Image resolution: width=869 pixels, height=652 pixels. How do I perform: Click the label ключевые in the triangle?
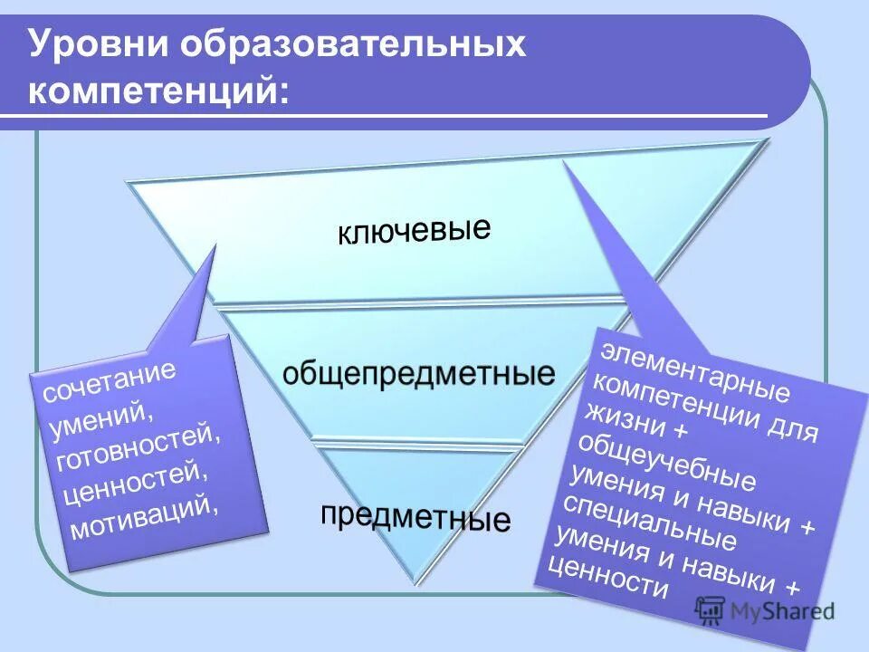click(x=414, y=230)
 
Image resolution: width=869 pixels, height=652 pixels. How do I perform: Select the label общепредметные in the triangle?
click(x=418, y=374)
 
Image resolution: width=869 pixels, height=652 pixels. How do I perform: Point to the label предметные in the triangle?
click(x=415, y=516)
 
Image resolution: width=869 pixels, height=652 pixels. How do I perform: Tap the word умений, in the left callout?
click(x=100, y=414)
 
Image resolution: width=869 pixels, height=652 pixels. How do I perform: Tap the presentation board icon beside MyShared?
click(x=711, y=610)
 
